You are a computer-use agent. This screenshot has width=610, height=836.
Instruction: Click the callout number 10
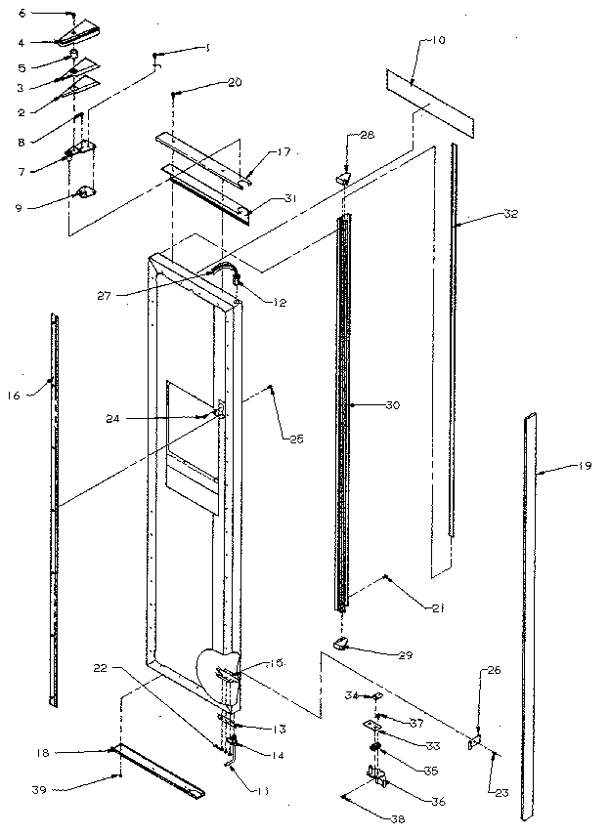436,40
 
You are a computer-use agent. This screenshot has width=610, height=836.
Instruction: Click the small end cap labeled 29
340,642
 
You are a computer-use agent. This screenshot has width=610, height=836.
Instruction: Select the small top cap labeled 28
344,179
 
